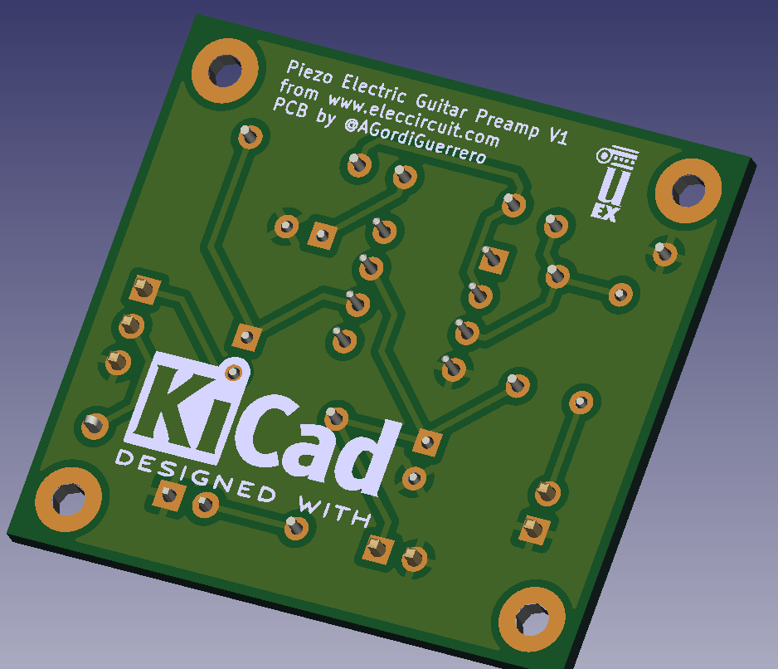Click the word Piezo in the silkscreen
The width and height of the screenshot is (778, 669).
pyautogui.click(x=310, y=72)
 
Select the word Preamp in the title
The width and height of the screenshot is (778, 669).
pyautogui.click(x=507, y=122)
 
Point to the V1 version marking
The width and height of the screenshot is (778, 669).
pyautogui.click(x=558, y=135)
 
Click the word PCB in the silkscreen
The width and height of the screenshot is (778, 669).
pyautogui.click(x=290, y=108)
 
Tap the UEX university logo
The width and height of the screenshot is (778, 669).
pyautogui.click(x=614, y=183)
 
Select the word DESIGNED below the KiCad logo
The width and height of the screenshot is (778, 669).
pyautogui.click(x=196, y=476)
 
